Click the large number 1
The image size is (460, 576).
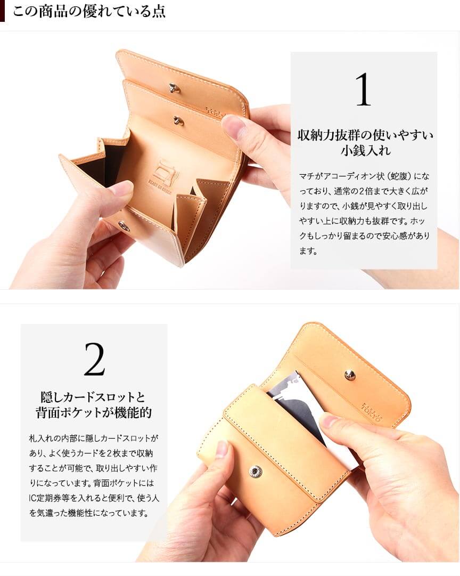pos(363,90)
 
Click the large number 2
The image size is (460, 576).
pos(94,359)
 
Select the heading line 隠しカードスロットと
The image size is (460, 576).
pos(93,397)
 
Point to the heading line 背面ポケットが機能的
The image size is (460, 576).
pos(94,412)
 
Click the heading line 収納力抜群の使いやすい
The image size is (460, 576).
pos(365,135)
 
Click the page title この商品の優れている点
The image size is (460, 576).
pos(89,11)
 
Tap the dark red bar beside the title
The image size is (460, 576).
pos(2,11)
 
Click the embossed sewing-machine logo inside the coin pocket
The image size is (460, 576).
pos(160,172)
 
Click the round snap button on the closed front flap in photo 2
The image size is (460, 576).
pos(256,472)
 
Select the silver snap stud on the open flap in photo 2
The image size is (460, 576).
pos(350,375)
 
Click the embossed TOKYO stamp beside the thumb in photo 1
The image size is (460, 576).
pos(215,112)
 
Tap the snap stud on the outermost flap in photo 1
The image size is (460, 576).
pos(173,88)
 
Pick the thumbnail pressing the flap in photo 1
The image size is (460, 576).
pos(233,124)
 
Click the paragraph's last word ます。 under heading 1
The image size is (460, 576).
pos(308,252)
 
